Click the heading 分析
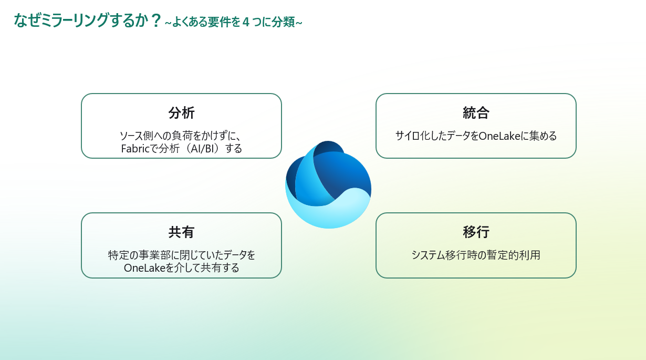coord(181,112)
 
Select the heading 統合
coord(476,112)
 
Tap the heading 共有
coord(181,232)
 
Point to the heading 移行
coord(476,232)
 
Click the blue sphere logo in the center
coord(328,185)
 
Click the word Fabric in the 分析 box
coord(136,149)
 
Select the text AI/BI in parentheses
coord(203,149)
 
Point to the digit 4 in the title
coord(246,22)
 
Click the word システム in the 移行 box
coord(428,255)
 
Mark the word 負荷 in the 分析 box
coord(179,136)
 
